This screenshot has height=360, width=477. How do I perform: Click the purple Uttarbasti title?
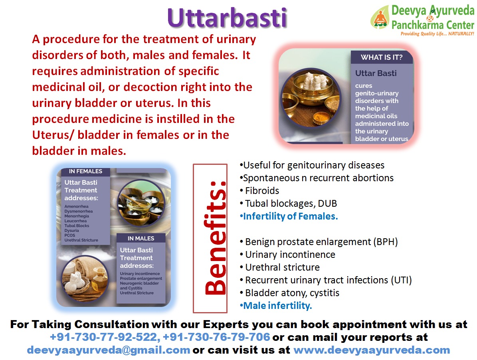tap(227, 18)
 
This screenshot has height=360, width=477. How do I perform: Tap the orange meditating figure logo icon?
tap(380, 17)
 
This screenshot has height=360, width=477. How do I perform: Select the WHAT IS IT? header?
tap(382, 57)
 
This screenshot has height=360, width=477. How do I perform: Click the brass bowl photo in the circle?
tap(311, 98)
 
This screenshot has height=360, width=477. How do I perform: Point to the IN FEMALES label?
tap(85, 171)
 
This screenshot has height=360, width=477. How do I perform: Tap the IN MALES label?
tap(141, 238)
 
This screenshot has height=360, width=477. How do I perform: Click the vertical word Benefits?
tap(215, 238)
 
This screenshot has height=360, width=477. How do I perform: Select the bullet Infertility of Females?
tap(289, 216)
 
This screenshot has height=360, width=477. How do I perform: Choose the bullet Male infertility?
tap(276, 306)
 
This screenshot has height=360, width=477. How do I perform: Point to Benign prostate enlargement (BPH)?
tap(319, 242)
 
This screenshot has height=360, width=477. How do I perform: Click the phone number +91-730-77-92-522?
tap(103, 337)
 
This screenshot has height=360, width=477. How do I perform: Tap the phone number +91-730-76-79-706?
tap(217, 337)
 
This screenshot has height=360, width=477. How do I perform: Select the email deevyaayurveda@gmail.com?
tap(109, 350)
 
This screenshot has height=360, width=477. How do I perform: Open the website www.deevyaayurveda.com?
tap(372, 350)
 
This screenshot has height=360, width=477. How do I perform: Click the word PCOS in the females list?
tap(70, 235)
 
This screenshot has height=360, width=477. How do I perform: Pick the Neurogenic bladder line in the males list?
tap(139, 283)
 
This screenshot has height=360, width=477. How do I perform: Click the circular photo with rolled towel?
tap(85, 279)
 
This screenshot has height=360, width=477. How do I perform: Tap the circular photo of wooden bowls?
tap(141, 203)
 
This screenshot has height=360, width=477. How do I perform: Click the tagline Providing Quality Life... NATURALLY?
tap(437, 34)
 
